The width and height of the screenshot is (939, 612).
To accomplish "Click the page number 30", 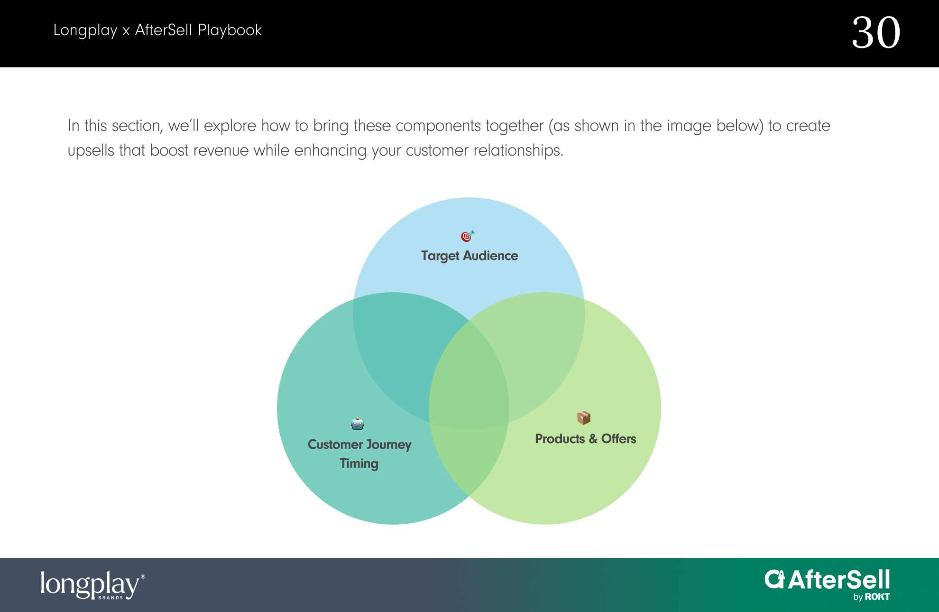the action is [x=876, y=33].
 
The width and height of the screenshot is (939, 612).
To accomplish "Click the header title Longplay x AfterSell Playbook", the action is [x=157, y=30].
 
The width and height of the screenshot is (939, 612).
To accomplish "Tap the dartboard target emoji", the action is [x=468, y=236].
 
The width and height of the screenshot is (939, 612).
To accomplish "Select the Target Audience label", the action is [x=469, y=256].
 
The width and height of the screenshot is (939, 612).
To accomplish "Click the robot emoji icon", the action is [x=358, y=423].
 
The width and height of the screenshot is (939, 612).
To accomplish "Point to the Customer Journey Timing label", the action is [x=359, y=454].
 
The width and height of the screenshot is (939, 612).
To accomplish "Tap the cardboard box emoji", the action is [x=584, y=417].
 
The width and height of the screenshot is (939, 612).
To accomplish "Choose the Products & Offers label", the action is [x=586, y=439].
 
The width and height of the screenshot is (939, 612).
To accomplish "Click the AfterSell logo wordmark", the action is [x=828, y=580].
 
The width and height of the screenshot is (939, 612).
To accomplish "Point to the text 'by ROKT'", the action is [x=872, y=597].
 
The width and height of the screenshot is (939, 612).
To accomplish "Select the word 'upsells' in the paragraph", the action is [x=91, y=150].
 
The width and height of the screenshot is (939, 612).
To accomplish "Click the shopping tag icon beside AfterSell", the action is [x=775, y=579].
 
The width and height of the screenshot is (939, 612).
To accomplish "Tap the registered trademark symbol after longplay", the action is [x=143, y=576].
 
